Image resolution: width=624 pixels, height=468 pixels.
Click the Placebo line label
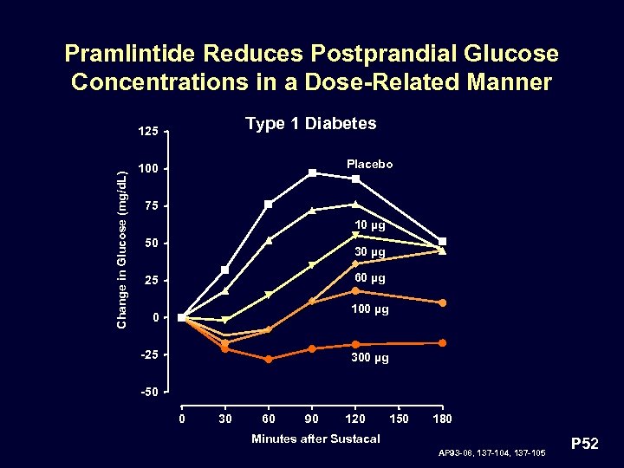pos(369,164)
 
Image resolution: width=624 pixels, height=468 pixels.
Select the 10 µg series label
pos(369,225)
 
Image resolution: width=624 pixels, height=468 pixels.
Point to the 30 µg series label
pos(369,252)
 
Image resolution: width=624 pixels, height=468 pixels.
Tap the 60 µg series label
pos(369,279)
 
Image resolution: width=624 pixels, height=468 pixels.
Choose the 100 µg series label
pos(369,309)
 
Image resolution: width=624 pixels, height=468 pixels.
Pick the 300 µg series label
pos(369,357)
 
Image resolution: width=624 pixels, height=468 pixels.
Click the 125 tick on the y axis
pos(148,132)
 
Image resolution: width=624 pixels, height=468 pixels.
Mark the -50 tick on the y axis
pos(148,392)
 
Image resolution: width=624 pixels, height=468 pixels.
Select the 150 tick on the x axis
pos(399,419)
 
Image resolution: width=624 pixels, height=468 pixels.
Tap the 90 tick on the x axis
pos(312,419)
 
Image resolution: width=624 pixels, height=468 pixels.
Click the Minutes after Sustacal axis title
pos(315,439)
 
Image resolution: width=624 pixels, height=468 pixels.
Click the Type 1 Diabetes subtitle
pos(310,123)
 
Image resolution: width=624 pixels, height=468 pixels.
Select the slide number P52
pos(586,445)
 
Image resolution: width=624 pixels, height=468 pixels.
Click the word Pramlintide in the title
pos(130,55)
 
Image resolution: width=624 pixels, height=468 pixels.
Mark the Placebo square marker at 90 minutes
pos(312,173)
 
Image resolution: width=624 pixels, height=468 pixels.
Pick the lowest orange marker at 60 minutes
pos(269,359)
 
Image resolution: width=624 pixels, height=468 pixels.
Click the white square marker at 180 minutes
pos(443,242)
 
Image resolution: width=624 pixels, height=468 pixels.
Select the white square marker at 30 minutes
pos(225,270)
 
